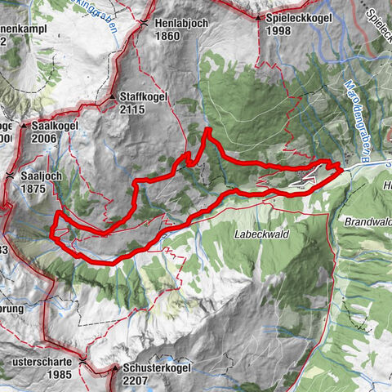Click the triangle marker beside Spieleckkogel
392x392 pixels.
(x=258, y=17)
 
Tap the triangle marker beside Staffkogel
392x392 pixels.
(x=112, y=97)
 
